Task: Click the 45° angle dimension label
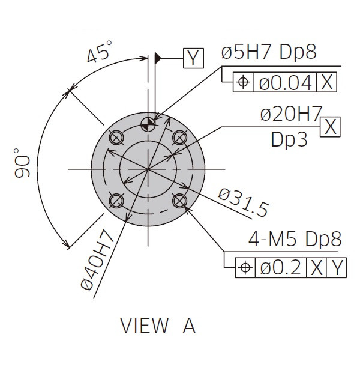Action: point(99,52)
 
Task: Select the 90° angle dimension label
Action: point(22,163)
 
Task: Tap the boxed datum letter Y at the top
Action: point(194,58)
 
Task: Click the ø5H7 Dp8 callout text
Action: point(269,52)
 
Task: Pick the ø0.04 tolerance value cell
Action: point(285,82)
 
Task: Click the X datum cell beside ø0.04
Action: point(327,82)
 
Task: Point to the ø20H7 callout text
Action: point(291,114)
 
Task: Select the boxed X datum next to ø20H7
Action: point(330,127)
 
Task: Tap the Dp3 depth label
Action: point(289,140)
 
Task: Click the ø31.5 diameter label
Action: point(244,203)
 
